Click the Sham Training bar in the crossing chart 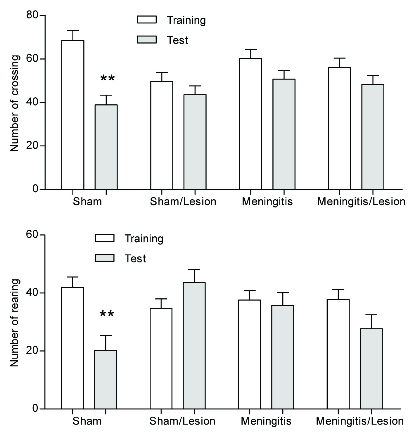point(73,115)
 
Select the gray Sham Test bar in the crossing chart point(106,147)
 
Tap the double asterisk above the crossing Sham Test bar point(107,78)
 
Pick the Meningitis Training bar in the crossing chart point(250,124)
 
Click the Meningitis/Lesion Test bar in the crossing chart point(373,137)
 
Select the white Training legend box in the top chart point(147,20)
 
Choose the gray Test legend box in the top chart point(147,39)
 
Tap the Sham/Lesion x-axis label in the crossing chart point(183,202)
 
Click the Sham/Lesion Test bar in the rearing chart point(194,346)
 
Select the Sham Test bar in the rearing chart point(106,379)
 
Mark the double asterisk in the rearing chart point(107,314)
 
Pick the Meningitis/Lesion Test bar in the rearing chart point(371,368)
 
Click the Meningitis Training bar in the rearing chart point(250,354)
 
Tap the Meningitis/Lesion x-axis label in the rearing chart point(360,421)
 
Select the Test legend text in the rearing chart point(135,259)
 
